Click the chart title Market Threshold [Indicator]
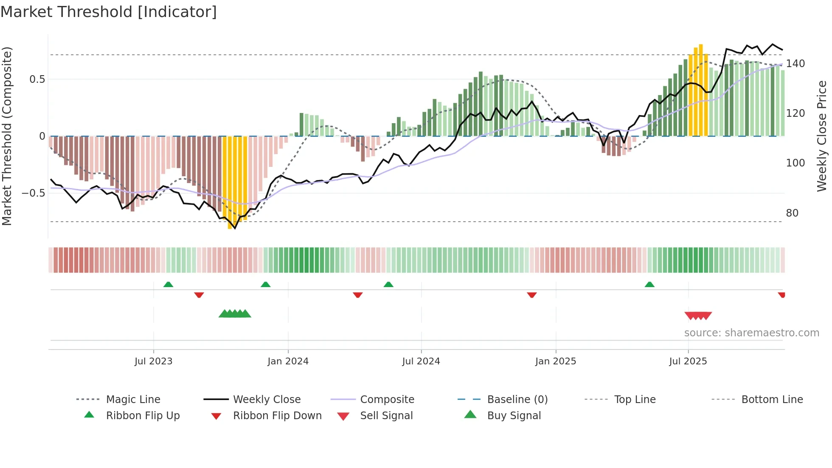pos(109,12)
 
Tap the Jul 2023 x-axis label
pos(153,361)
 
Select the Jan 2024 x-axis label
pos(288,361)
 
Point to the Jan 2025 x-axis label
pos(555,361)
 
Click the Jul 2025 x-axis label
pos(688,361)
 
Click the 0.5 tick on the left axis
pos(37,79)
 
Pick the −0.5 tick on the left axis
pos(34,193)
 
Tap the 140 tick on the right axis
pos(795,64)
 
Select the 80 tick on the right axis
pos(792,213)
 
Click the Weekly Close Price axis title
pos(822,136)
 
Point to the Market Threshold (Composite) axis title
pos(7,136)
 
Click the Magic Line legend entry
pos(133,400)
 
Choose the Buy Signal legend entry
pos(514,416)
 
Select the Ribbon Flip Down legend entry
pos(277,416)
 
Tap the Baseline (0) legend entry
pos(517,400)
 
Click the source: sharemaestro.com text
pos(751,333)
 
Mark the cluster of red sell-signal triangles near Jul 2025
pos(698,316)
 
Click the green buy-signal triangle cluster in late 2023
pos(235,314)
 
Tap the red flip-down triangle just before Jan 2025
pos(531,295)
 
